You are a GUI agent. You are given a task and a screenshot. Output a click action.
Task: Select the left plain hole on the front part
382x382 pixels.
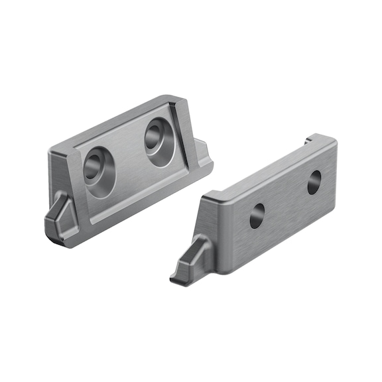coord(257,216)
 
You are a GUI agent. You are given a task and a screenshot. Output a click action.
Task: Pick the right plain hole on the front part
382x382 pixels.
coord(314,182)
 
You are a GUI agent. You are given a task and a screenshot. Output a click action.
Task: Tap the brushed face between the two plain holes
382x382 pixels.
coord(285,199)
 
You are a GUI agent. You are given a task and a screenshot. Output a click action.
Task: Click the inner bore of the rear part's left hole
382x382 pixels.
coord(94,167)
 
